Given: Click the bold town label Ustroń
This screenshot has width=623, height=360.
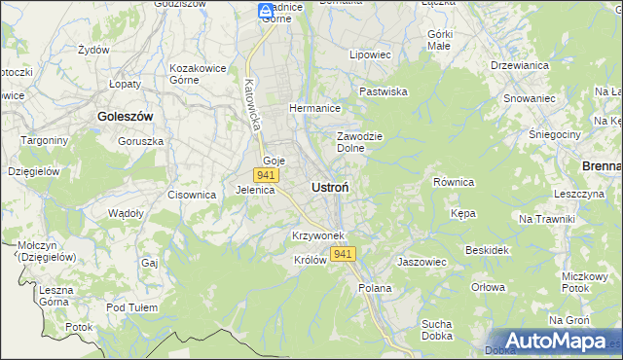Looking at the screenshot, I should (x=331, y=186).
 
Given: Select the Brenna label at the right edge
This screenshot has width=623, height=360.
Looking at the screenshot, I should (x=602, y=166).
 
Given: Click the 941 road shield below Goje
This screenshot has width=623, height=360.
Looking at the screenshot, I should (x=267, y=175).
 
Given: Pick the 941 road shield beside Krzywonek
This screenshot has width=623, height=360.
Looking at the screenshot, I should (x=343, y=254).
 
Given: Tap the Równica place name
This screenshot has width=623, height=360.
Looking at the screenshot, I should (x=453, y=182).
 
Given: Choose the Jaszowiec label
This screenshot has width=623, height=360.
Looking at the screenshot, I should (x=421, y=262).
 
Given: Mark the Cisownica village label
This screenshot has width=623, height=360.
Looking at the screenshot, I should (x=191, y=195).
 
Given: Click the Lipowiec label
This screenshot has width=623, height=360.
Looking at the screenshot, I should (x=370, y=55).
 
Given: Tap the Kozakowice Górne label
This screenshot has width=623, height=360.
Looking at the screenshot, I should (x=198, y=74).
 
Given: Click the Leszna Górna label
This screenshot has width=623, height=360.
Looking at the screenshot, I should (x=56, y=296).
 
